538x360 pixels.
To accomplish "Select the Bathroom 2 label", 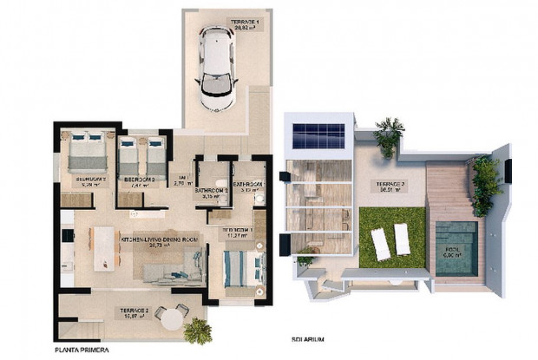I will (211, 193).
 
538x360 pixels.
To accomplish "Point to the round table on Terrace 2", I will (172, 319).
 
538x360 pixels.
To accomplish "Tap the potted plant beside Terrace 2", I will (198, 331).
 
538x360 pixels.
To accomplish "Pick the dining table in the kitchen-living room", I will (105, 243).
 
